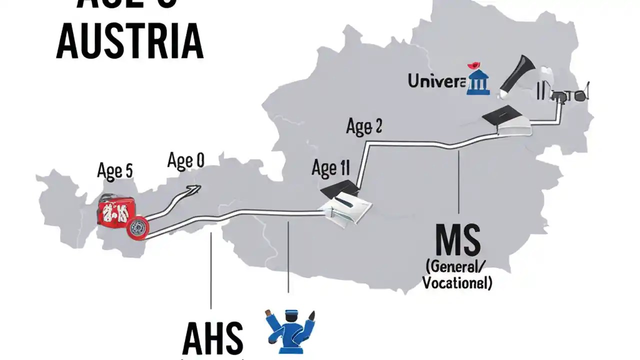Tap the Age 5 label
(115, 171)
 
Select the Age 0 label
(185, 161)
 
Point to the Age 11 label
(330, 168)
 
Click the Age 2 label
(364, 127)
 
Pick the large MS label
(457, 240)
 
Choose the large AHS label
(213, 338)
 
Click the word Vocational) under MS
(457, 283)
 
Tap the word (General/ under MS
(456, 265)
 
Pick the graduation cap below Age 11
(340, 189)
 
